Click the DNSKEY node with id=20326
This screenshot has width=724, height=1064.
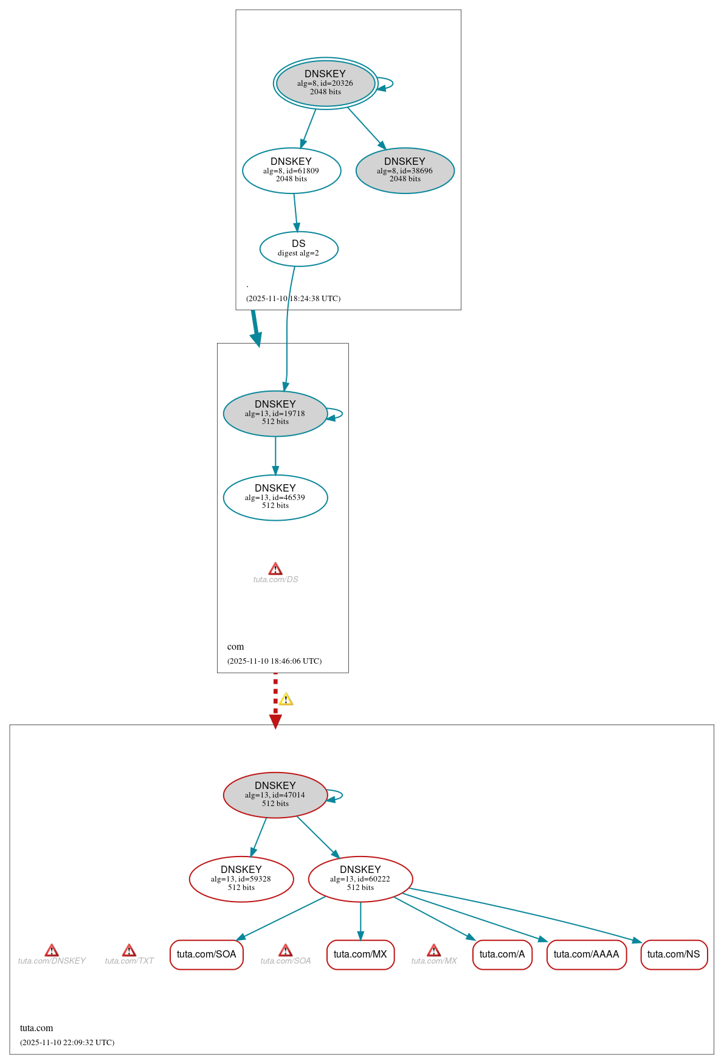click(x=325, y=83)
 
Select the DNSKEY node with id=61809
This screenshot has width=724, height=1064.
click(x=291, y=171)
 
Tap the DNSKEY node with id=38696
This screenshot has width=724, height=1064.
click(x=405, y=171)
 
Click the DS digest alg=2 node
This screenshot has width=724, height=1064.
click(x=298, y=249)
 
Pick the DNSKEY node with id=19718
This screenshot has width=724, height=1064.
click(x=275, y=414)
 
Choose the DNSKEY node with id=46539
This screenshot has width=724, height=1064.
click(x=275, y=498)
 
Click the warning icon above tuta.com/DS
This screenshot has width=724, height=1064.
click(x=275, y=569)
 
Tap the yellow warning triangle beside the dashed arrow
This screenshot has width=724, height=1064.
click(x=286, y=700)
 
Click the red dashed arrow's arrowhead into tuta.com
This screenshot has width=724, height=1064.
click(x=275, y=722)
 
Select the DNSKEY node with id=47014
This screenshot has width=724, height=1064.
click(x=275, y=795)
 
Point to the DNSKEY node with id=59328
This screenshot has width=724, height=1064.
click(x=241, y=879)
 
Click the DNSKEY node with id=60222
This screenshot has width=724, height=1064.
click(x=360, y=879)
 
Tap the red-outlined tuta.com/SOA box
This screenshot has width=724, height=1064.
click(x=207, y=954)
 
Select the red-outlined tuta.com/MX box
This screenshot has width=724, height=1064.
click(x=360, y=954)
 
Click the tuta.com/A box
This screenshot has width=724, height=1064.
click(x=502, y=954)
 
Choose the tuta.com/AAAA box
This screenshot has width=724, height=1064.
click(x=586, y=954)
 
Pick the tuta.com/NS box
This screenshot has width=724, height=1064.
click(x=674, y=954)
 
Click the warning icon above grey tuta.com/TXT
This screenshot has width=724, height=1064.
click(x=129, y=950)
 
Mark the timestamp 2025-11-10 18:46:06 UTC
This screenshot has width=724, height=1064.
click(x=274, y=661)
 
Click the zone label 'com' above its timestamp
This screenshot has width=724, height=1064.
click(x=235, y=647)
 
